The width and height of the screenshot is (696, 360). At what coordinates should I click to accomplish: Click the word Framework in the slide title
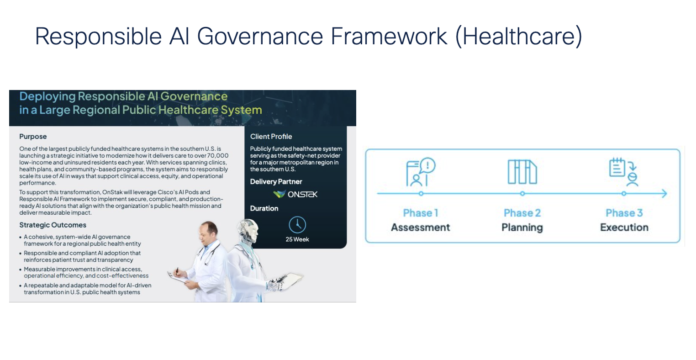pos(390,36)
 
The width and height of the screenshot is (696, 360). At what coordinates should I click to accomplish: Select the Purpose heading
pos(33,137)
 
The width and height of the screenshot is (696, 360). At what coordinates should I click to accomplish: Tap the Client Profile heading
pos(271,137)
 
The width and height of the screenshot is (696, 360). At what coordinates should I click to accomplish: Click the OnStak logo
pos(295,194)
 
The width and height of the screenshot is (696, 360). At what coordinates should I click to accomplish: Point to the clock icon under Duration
pos(297,225)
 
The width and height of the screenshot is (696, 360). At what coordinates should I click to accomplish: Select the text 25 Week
pos(297,239)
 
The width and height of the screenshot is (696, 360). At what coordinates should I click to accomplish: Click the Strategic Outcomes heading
pos(53,225)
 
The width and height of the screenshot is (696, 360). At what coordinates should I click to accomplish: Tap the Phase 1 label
pos(421,213)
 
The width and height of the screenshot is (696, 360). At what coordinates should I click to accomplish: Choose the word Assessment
pos(421,228)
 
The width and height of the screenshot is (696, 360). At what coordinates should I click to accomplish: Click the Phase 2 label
pos(522,213)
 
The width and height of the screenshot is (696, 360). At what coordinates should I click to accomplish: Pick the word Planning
pos(522,228)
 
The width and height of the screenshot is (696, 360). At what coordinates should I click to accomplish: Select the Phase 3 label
pos(624,213)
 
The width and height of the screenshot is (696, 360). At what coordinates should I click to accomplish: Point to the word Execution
pos(624,228)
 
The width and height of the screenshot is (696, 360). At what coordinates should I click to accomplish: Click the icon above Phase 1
pos(421,173)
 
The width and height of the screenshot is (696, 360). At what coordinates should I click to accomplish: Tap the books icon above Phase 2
pos(522,172)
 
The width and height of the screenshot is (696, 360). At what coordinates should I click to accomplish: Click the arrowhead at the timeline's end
pos(664,194)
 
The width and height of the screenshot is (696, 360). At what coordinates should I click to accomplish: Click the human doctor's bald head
pos(209,229)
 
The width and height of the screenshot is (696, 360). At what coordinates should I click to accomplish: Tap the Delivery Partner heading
pos(276,182)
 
